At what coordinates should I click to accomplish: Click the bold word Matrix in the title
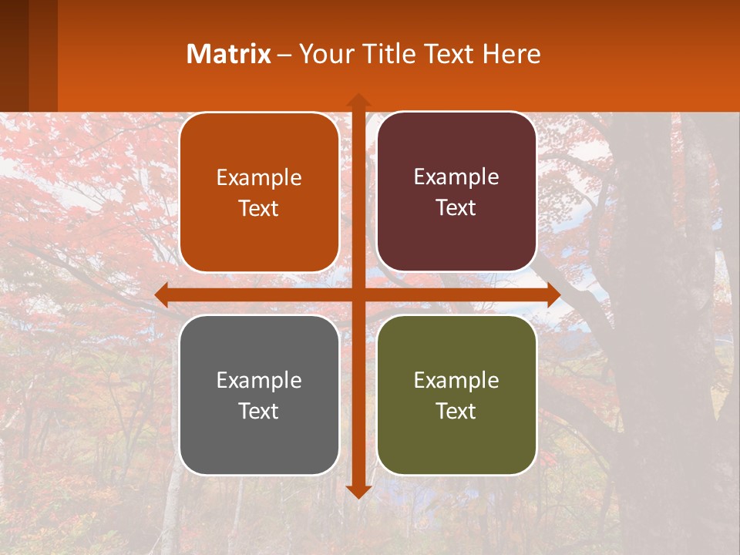click(228, 54)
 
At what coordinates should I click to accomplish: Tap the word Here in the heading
click(512, 54)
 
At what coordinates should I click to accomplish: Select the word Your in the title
click(326, 54)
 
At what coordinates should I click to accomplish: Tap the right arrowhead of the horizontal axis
click(553, 294)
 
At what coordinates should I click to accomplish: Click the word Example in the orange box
click(259, 178)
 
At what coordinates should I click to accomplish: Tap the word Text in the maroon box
click(456, 208)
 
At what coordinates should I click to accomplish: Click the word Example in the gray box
click(259, 381)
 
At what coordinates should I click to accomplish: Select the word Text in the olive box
click(456, 411)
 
